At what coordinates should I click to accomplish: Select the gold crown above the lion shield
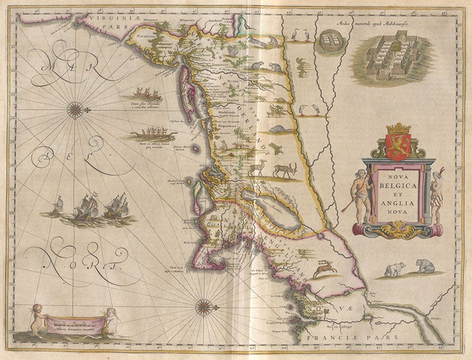398,128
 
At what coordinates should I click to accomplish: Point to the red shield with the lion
398,146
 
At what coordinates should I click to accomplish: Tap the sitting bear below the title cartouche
425,265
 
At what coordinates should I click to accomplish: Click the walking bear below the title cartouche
395,269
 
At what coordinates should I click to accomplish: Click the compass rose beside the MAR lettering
75,109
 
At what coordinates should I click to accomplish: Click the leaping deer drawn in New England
325,267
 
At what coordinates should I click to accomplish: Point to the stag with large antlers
286,170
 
